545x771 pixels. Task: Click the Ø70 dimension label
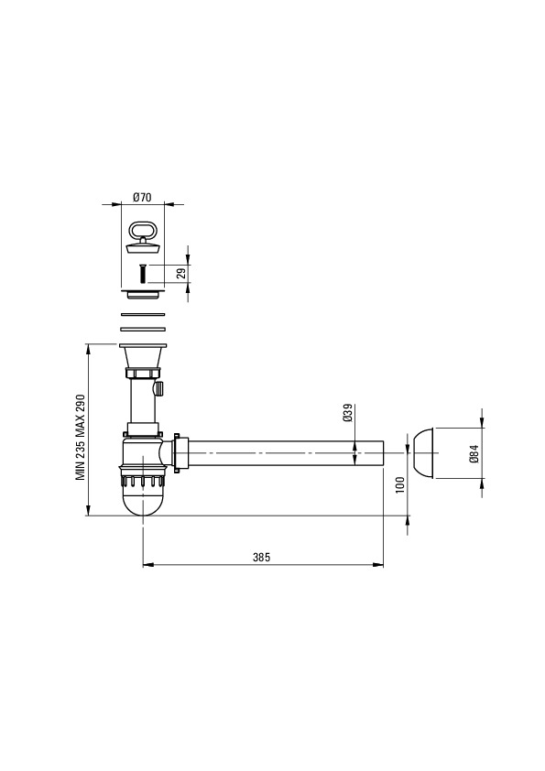coord(142,197)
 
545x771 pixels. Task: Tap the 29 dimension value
coord(181,274)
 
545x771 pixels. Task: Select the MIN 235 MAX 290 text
coord(81,437)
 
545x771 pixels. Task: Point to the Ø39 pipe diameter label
coord(347,413)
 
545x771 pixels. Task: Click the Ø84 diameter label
coord(474,453)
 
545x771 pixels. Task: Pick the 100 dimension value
coord(399,484)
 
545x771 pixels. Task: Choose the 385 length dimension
coord(261,557)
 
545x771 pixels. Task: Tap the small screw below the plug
coord(142,273)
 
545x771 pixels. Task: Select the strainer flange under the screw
coord(143,294)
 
